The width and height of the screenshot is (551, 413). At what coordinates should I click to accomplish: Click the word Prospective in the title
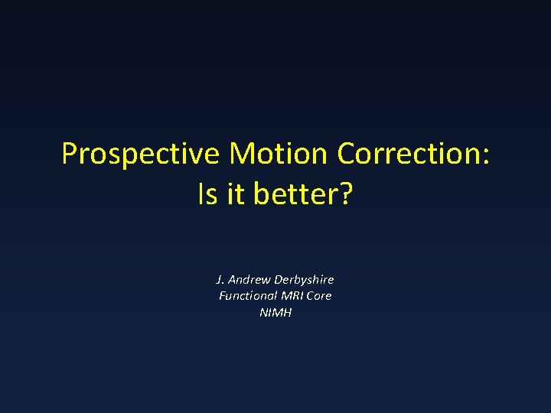(141, 154)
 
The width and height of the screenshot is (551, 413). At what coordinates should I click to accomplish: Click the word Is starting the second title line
(207, 194)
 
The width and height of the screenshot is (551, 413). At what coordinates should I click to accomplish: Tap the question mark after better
(345, 194)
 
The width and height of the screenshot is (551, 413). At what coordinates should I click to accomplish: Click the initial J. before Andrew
(221, 279)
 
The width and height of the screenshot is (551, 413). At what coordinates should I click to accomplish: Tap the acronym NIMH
(275, 313)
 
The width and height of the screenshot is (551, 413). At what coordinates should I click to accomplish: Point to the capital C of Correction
(345, 154)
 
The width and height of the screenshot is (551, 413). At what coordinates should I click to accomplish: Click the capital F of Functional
(223, 296)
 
